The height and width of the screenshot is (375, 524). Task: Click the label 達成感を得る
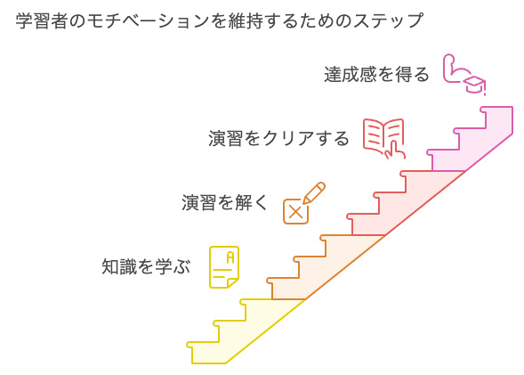tap(376, 74)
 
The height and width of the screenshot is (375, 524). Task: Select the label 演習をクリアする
tap(278, 139)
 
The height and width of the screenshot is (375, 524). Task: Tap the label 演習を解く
tap(224, 202)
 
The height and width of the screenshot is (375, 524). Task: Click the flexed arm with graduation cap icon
tap(466, 76)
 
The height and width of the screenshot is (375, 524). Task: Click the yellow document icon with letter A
tap(224, 266)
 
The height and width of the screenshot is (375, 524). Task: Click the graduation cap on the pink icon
tap(477, 84)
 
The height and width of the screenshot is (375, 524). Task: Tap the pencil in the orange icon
tap(313, 192)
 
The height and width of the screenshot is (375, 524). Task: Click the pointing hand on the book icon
tap(389, 150)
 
